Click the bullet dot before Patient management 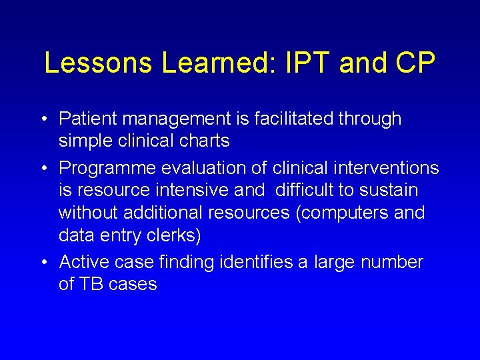44,119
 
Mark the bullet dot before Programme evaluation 44,167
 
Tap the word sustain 388,190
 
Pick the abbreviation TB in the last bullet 92,284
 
